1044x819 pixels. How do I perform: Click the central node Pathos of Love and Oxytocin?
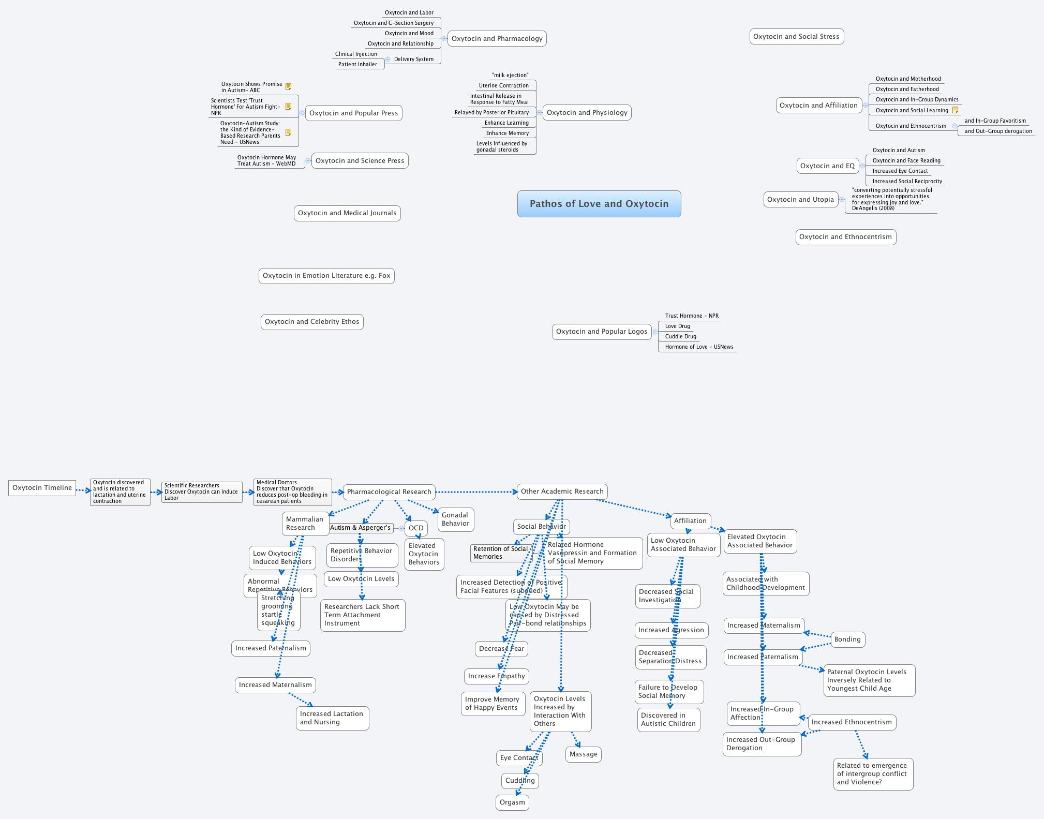point(599,204)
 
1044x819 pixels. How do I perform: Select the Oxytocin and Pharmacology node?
point(497,39)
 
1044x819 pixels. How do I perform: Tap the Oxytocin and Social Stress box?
point(796,37)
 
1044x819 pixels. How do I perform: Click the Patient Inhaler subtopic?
point(357,65)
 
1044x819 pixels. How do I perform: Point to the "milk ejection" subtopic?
point(510,76)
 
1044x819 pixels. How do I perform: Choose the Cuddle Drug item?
point(680,337)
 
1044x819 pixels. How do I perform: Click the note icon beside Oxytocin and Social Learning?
point(955,110)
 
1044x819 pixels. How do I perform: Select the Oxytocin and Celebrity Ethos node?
point(312,322)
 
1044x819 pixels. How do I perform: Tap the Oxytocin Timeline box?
point(42,488)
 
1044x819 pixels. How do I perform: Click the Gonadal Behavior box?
point(455,519)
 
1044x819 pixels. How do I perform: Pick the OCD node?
point(416,528)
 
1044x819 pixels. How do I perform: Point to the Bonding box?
point(847,639)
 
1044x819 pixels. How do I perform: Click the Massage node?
point(583,754)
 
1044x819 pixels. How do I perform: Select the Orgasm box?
point(512,802)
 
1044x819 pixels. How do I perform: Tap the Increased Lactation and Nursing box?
point(332,718)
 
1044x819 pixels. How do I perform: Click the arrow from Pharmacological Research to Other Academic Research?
point(476,492)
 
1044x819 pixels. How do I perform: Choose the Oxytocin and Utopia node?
point(800,200)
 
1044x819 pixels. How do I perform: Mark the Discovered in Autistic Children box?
point(668,720)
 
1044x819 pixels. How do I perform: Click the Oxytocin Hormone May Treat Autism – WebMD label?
point(266,161)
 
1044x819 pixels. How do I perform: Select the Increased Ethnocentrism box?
point(852,722)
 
